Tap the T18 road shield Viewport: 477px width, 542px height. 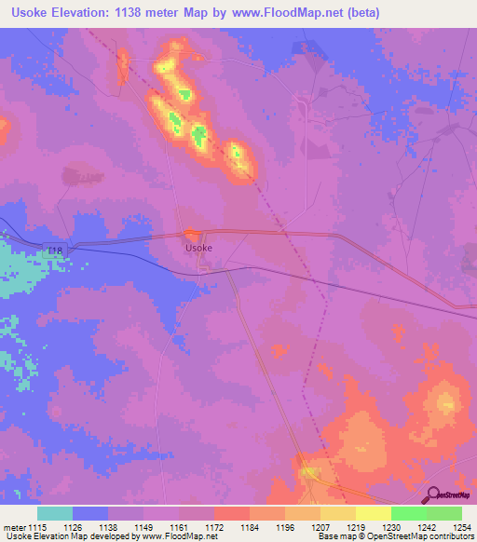55,251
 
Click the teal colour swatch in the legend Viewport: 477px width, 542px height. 55,513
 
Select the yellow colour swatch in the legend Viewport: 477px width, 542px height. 374,513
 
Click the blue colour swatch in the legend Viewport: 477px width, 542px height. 90,513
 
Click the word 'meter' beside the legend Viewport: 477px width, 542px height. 12,526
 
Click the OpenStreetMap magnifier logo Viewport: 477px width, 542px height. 434,495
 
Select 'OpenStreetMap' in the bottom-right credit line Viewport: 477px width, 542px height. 402,537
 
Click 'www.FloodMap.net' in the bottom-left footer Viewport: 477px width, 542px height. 183,537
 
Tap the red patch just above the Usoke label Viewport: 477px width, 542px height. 193,235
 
